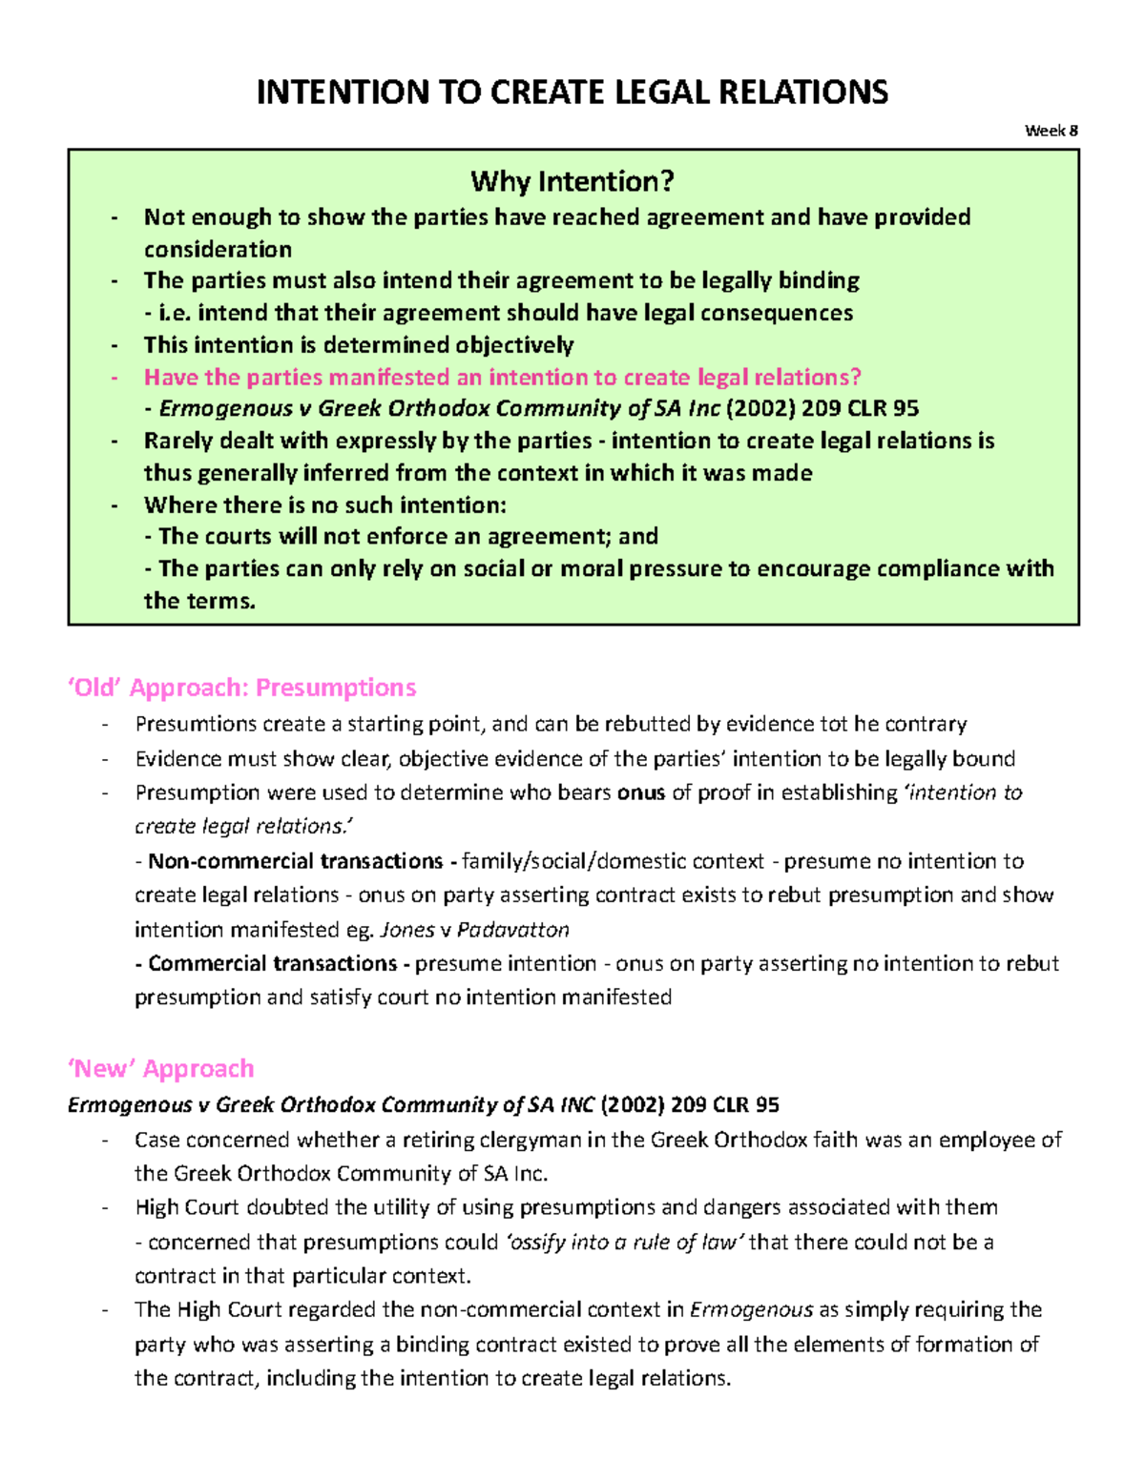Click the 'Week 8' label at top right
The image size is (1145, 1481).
tap(1051, 131)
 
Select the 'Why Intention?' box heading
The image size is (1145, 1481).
tap(572, 181)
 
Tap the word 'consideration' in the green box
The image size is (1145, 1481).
tap(218, 250)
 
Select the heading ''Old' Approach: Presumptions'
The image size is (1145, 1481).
tap(241, 688)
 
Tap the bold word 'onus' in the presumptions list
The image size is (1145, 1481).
tap(640, 792)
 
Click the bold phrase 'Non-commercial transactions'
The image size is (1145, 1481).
tap(295, 861)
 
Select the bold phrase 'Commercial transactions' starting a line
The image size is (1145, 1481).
tap(272, 964)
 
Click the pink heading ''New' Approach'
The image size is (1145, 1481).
tap(160, 1068)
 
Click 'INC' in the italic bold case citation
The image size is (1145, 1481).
tap(576, 1105)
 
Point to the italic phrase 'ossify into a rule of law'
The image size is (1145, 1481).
tap(624, 1243)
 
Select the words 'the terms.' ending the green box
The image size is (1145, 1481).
tap(199, 602)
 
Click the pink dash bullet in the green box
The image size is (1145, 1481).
tap(114, 378)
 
